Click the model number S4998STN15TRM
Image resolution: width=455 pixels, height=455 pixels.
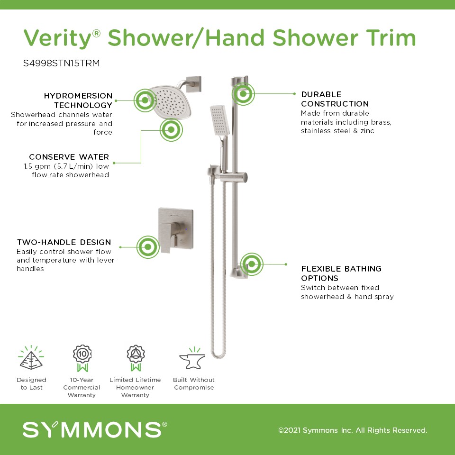[62, 63]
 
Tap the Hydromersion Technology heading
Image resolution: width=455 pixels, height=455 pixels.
[78, 100]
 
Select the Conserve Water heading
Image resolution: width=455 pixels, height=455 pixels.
[69, 157]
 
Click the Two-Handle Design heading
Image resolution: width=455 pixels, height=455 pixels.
[64, 242]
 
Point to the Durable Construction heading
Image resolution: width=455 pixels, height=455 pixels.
[335, 99]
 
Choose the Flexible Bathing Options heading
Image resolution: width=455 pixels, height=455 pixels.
[341, 273]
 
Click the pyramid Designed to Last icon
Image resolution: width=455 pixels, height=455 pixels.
[31, 358]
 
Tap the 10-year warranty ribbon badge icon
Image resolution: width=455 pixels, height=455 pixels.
[82, 358]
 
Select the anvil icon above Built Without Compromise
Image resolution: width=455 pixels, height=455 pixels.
[193, 358]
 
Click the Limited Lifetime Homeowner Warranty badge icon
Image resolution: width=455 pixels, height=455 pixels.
[136, 358]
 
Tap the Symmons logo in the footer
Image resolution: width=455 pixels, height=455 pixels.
[95, 429]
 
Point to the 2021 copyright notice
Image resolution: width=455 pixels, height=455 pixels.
[353, 430]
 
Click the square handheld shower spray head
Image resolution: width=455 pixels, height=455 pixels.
[219, 120]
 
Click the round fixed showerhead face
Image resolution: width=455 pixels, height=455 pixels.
[171, 102]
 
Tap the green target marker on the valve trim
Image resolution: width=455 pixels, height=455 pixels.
[148, 247]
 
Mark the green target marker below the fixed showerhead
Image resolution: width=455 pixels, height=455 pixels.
[171, 130]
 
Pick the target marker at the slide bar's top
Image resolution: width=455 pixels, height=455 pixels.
[243, 94]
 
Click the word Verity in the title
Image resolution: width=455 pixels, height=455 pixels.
[58, 38]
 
